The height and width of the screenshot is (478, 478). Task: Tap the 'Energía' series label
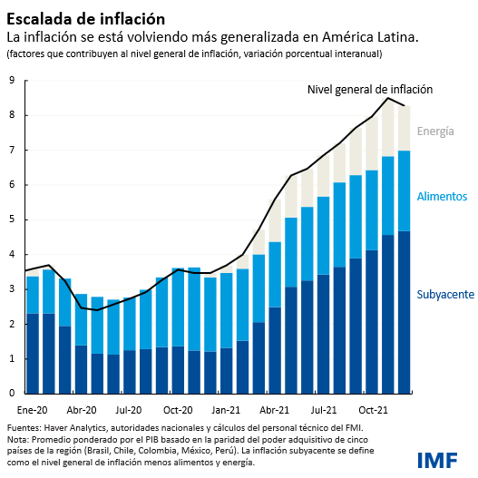pyautogui.click(x=435, y=132)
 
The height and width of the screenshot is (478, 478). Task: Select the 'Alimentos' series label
pyautogui.click(x=442, y=196)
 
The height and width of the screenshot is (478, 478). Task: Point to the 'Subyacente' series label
pyautogui.click(x=445, y=294)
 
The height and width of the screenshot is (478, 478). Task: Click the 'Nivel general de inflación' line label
pyautogui.click(x=370, y=90)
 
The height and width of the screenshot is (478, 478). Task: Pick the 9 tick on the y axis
pyautogui.click(x=12, y=80)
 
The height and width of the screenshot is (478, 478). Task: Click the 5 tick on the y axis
pyautogui.click(x=12, y=219)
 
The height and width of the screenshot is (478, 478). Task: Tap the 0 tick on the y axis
pyautogui.click(x=12, y=394)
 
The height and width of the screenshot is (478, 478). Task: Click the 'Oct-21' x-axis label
pyautogui.click(x=373, y=409)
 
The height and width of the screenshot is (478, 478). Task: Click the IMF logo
pyautogui.click(x=439, y=459)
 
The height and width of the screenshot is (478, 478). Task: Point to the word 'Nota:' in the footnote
pyautogui.click(x=19, y=439)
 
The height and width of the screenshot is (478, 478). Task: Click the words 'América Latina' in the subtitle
pyautogui.click(x=372, y=37)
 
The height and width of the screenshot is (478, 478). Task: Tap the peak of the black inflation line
pyautogui.click(x=388, y=98)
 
